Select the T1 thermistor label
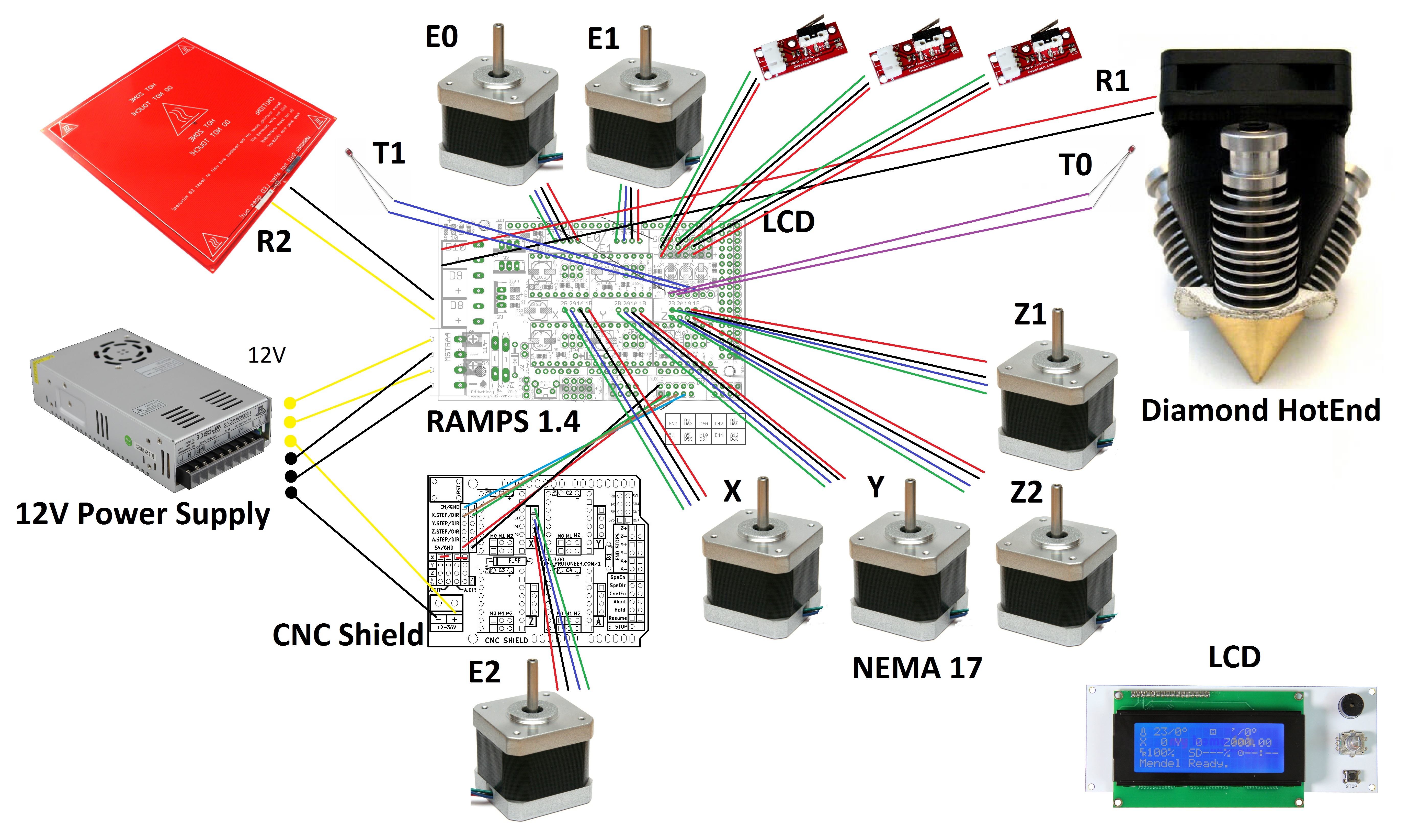pos(389,153)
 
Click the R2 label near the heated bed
pos(274,242)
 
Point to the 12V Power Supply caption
pos(143,514)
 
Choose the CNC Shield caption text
pos(348,635)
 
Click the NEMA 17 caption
pos(917,668)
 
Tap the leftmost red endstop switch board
pos(800,48)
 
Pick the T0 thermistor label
pos(1075,165)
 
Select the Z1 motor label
pos(1030,314)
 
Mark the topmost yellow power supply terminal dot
pos(290,403)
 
